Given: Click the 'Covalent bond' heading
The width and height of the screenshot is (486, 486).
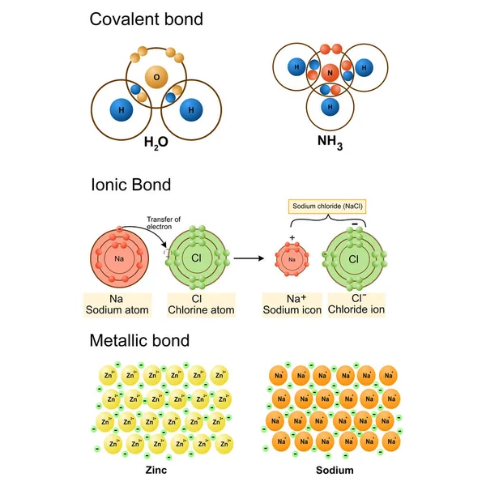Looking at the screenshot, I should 146,19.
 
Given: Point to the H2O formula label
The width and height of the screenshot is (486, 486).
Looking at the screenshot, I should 156,143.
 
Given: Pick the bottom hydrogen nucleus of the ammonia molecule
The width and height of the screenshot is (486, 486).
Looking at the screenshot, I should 330,106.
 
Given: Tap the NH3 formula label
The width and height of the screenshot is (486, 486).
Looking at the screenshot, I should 330,143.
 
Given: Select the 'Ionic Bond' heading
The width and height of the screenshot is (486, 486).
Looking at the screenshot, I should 130,185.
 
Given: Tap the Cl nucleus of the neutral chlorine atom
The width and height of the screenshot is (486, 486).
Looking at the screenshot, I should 196,258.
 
